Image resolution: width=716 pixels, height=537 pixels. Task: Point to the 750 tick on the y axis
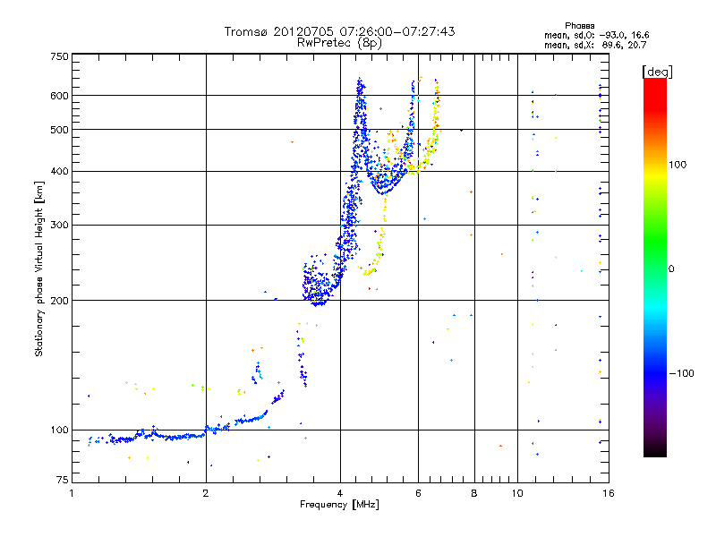coord(59,56)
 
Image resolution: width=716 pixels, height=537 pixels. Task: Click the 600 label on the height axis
coord(59,96)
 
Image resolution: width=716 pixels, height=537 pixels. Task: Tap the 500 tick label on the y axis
coord(59,130)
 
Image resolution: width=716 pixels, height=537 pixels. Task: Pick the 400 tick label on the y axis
coord(59,172)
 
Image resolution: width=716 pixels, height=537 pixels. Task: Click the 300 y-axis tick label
coord(59,226)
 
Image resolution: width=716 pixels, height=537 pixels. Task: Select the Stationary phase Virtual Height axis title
coord(39,269)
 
